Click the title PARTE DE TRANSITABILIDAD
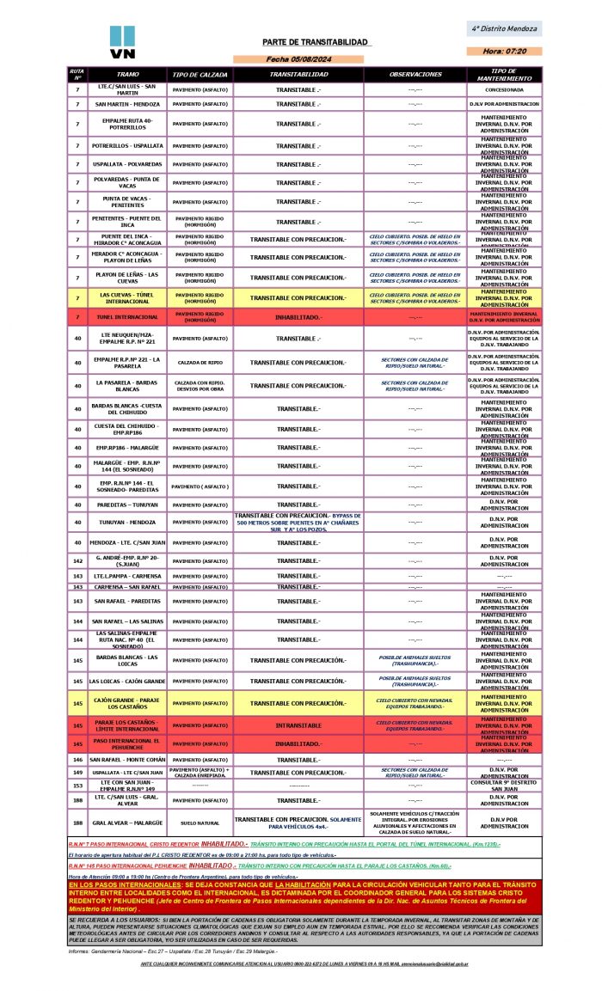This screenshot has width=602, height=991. click(316, 42)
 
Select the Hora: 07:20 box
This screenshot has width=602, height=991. click(505, 52)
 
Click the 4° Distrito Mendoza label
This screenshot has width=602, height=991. click(505, 28)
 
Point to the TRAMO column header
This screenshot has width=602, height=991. click(126, 75)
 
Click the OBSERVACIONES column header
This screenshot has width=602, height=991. click(415, 75)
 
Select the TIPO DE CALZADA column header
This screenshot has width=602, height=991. click(200, 75)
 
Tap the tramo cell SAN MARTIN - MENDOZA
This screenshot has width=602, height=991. click(126, 104)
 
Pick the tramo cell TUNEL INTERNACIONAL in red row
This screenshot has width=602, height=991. click(126, 318)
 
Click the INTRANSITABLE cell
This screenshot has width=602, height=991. click(298, 725)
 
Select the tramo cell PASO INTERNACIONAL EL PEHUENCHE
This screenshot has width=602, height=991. click(126, 744)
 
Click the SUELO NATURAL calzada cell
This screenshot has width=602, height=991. click(200, 823)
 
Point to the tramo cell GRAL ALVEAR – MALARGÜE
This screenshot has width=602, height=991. click(126, 823)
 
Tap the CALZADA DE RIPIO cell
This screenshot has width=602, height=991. click(200, 362)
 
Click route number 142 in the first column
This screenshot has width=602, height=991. click(77, 560)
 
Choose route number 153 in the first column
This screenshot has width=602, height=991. click(77, 786)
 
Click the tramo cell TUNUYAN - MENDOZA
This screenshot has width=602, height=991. click(126, 522)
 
